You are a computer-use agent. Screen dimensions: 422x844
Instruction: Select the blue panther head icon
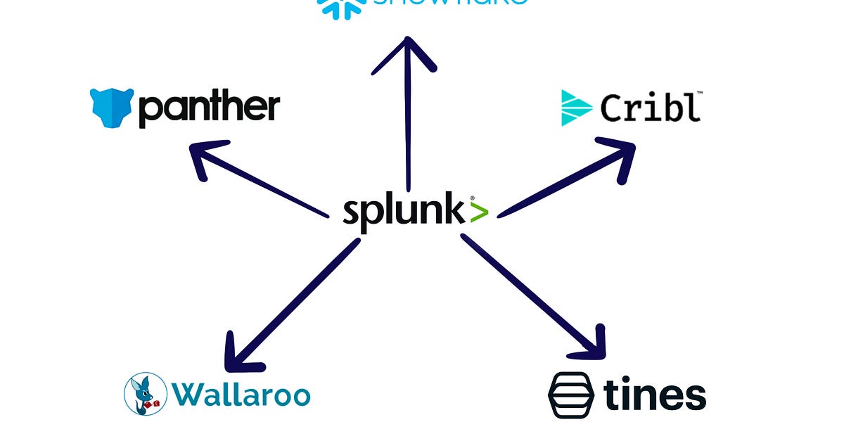[x=112, y=108]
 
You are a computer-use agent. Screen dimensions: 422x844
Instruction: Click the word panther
[x=209, y=108]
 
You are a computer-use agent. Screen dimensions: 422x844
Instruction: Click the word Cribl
[x=650, y=108]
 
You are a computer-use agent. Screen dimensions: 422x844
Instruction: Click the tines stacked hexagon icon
[x=571, y=395]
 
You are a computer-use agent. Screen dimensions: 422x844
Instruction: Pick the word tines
[x=654, y=395]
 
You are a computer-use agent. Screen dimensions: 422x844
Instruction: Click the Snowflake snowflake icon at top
[x=341, y=7]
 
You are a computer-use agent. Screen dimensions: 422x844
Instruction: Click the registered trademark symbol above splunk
[x=472, y=198]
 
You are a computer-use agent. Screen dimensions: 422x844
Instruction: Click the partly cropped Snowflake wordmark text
[x=450, y=3]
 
